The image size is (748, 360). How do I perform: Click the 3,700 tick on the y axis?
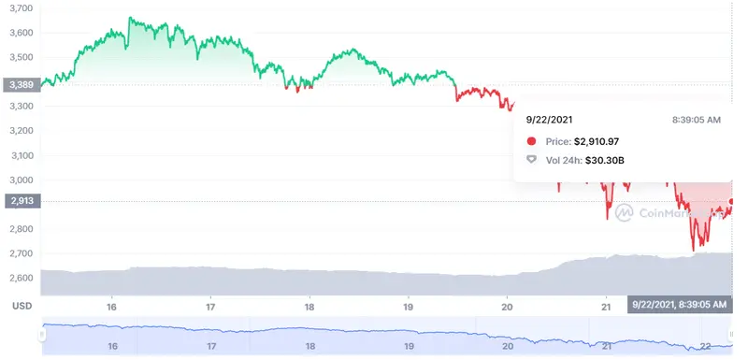pyautogui.click(x=20, y=8)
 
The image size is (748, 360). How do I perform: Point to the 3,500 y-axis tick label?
pyautogui.click(x=20, y=57)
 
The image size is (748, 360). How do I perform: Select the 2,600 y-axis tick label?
pyautogui.click(x=20, y=278)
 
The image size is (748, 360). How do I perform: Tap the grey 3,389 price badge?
pyautogui.click(x=20, y=84)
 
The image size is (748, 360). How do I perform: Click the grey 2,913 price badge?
pyautogui.click(x=20, y=200)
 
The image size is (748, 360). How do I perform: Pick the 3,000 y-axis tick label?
pyautogui.click(x=20, y=180)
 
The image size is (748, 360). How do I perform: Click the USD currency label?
pyautogui.click(x=20, y=306)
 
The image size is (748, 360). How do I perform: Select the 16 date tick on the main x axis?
pyautogui.click(x=112, y=307)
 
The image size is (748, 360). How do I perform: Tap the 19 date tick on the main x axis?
pyautogui.click(x=409, y=307)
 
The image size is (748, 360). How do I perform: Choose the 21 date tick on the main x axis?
pyautogui.click(x=606, y=307)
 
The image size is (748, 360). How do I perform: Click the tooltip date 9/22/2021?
pyautogui.click(x=550, y=120)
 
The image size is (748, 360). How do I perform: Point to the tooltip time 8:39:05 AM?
pyautogui.click(x=697, y=120)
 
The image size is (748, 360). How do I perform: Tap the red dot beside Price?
pyautogui.click(x=532, y=141)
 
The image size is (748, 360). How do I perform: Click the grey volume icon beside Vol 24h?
pyautogui.click(x=532, y=161)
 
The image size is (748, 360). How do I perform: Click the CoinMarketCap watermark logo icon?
pyautogui.click(x=624, y=211)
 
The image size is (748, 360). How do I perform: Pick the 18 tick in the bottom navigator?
pyautogui.click(x=309, y=346)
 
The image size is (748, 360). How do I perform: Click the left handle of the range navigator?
pyautogui.click(x=41, y=334)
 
